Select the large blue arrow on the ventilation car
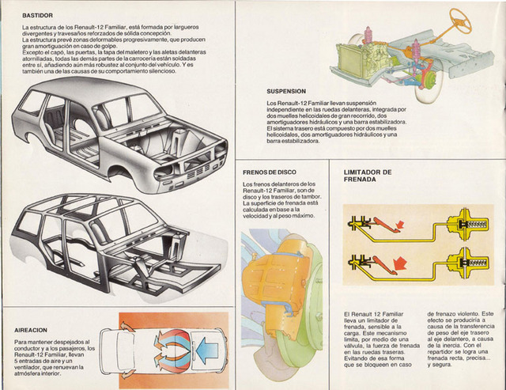tap(197, 345)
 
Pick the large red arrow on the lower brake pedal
tap(403, 262)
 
